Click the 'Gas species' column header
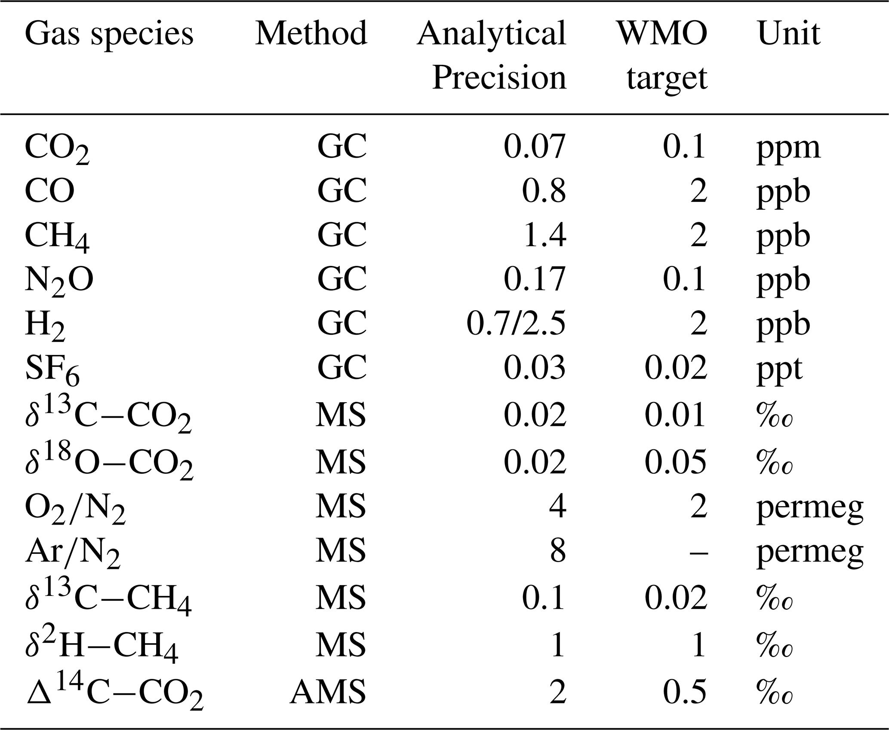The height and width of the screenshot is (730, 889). click(x=109, y=34)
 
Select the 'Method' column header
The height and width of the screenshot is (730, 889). click(x=311, y=33)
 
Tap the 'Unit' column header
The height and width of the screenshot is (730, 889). click(x=788, y=33)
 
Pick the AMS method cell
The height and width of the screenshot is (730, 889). click(x=328, y=692)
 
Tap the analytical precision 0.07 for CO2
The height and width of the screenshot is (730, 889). click(x=534, y=147)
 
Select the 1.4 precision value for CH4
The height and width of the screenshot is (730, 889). click(x=544, y=236)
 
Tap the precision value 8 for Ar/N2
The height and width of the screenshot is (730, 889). click(x=557, y=551)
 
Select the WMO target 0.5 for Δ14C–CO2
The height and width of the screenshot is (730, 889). click(x=685, y=692)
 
